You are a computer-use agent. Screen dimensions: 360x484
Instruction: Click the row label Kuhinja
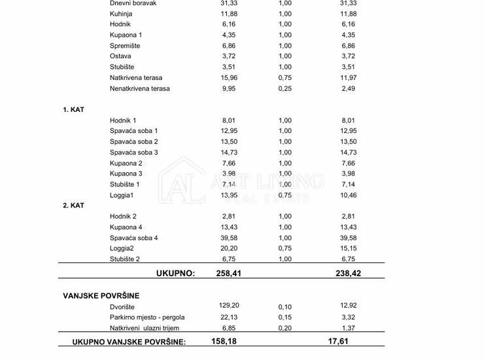pos(122,13)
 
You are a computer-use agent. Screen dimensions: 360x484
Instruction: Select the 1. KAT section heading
pos(74,109)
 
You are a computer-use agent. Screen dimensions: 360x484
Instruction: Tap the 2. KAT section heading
pos(74,206)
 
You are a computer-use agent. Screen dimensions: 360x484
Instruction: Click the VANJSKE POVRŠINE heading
pos(101,296)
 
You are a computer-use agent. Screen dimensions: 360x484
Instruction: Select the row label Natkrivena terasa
pos(136,77)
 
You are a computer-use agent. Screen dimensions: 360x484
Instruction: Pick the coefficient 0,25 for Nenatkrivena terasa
pos(285,88)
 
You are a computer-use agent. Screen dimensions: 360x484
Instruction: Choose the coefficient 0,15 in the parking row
pos(285,317)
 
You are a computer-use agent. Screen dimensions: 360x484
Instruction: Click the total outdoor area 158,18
pos(224,341)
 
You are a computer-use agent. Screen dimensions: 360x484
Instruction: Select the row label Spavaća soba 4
pos(134,238)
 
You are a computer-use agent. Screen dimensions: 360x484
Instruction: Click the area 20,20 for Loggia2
pos(226,249)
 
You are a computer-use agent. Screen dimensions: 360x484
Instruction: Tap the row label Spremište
pos(125,45)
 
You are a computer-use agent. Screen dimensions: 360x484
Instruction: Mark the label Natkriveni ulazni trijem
pos(145,328)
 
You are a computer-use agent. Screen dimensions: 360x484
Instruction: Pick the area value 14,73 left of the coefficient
pos(226,153)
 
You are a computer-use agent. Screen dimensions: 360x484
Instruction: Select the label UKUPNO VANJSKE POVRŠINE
pos(129,342)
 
